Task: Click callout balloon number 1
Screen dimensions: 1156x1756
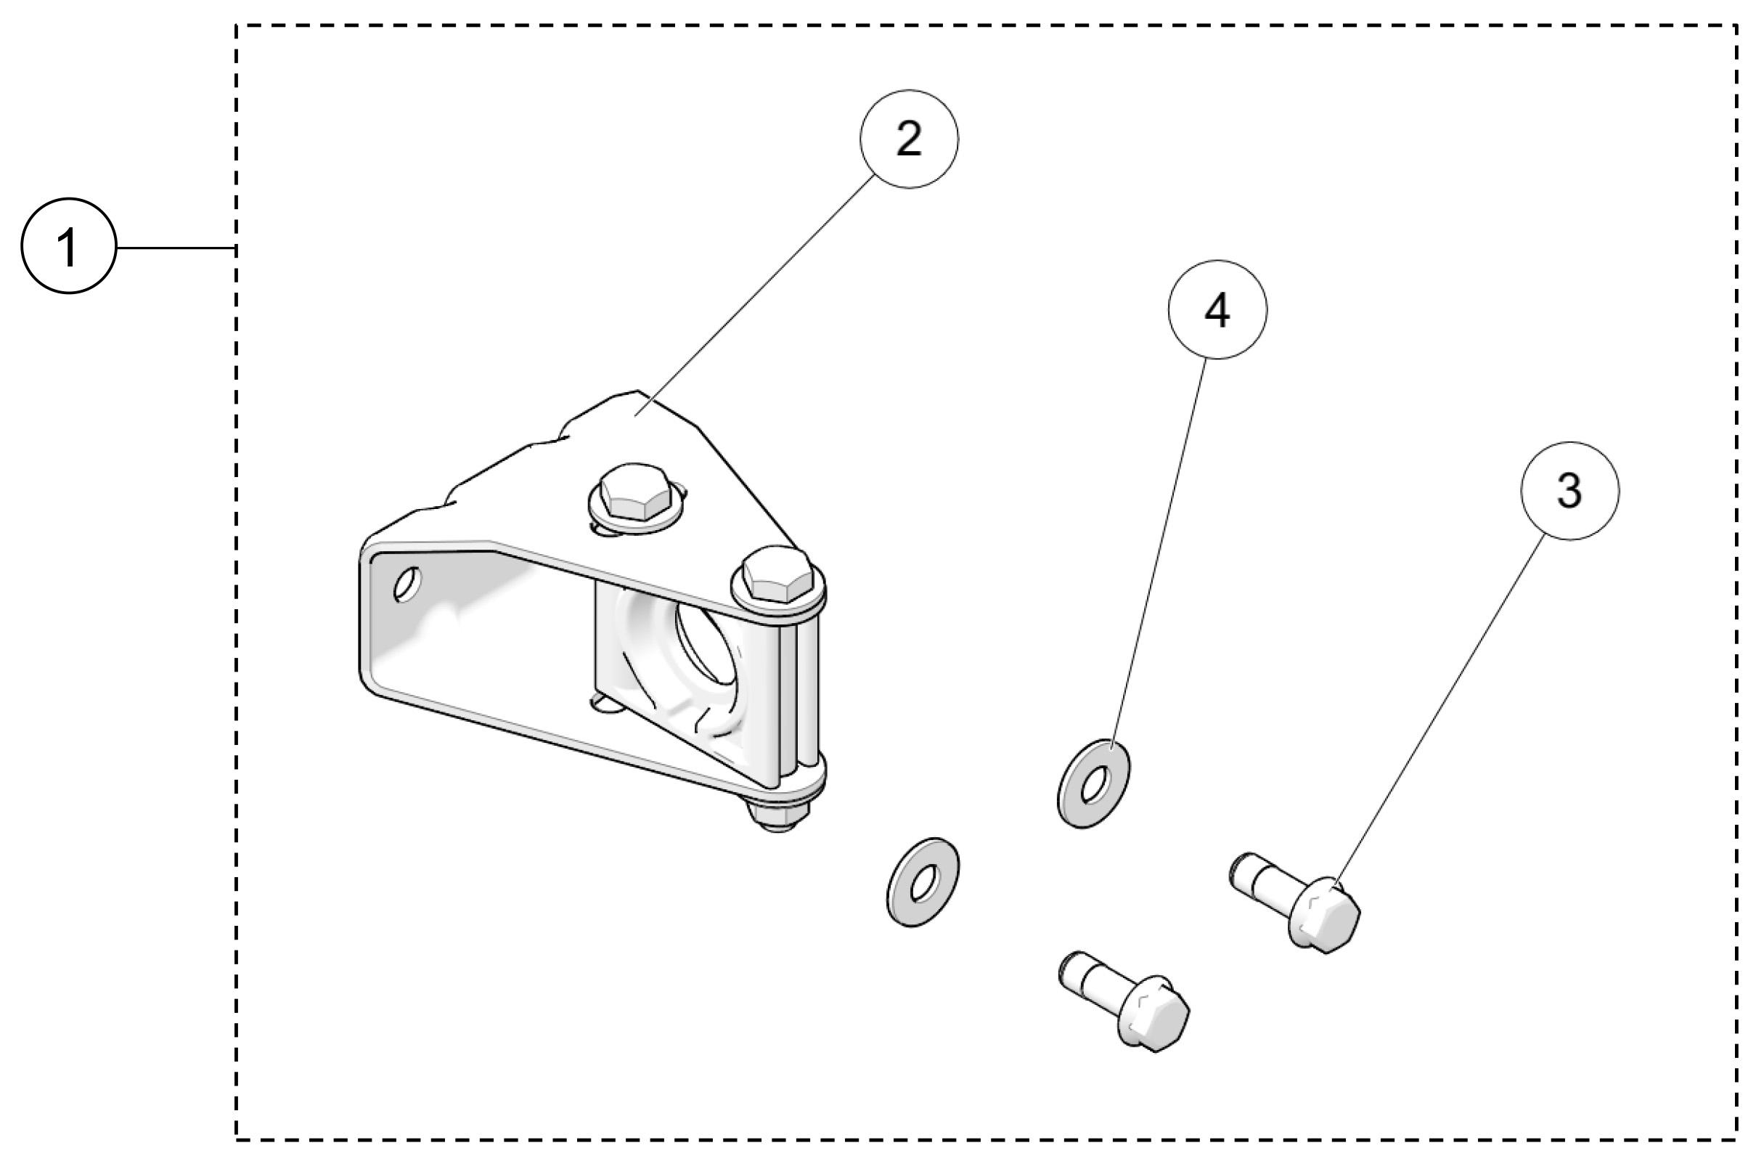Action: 69,246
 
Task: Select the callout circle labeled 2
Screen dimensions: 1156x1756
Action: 909,139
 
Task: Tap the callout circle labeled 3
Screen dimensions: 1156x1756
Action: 1569,490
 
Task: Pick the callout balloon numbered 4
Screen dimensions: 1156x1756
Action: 1217,309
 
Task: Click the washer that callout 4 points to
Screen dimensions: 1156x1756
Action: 1093,783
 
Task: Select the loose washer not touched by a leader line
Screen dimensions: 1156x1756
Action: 921,882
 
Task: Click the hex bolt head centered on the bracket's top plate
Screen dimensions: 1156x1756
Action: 632,492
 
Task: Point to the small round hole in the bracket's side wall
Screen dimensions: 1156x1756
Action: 406,584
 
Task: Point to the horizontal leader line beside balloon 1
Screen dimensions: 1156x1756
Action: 176,248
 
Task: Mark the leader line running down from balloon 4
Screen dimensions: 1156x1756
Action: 1159,553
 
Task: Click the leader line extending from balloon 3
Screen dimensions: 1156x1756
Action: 1439,709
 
